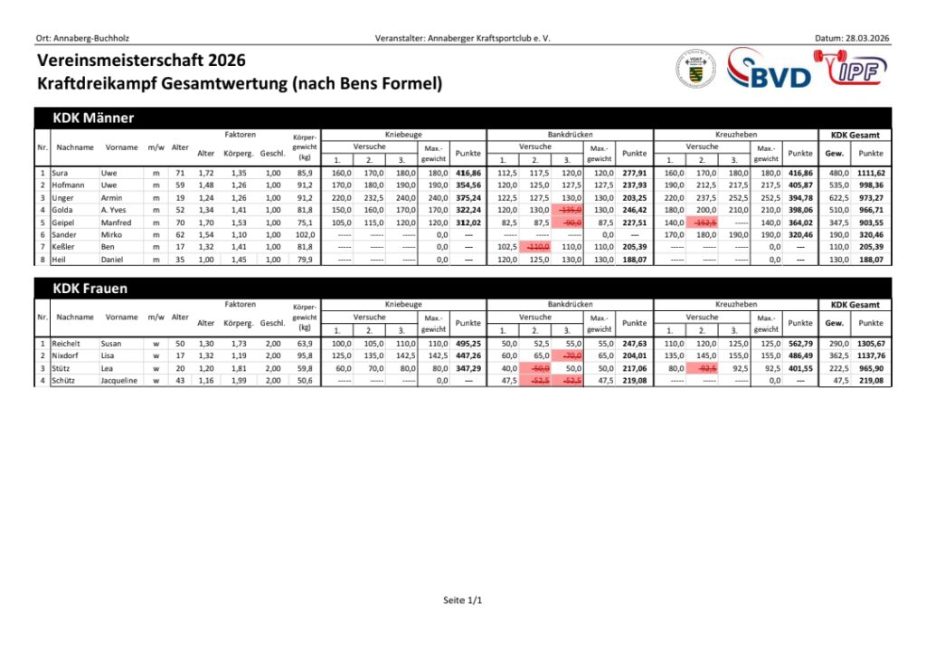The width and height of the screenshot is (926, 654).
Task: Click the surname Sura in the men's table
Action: point(61,172)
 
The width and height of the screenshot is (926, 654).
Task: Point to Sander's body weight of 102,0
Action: point(304,234)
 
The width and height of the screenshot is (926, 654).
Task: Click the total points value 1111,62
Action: point(871,172)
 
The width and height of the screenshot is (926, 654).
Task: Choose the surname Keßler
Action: point(64,247)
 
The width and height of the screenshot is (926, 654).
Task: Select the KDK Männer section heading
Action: point(94,118)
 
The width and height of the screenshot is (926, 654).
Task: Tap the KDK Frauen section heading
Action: point(90,289)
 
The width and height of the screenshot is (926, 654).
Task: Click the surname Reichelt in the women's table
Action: point(68,344)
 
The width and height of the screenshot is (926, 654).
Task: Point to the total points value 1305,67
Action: point(871,344)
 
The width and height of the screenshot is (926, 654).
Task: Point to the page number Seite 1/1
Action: point(463,600)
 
